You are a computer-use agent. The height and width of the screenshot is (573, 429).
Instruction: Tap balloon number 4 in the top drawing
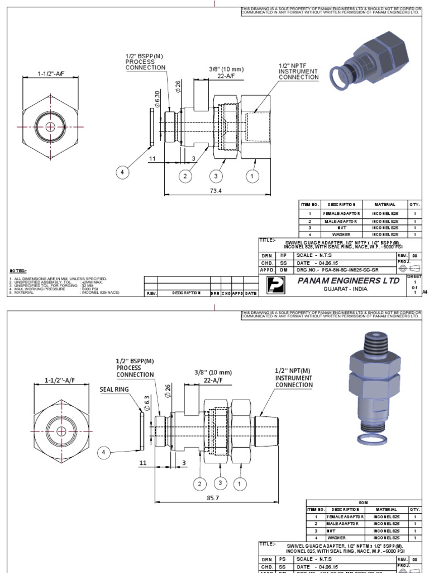pyautogui.click(x=122, y=172)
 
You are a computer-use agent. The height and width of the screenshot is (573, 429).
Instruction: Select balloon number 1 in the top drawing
pyautogui.click(x=252, y=176)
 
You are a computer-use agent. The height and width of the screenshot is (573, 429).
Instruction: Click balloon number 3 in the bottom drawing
pyautogui.click(x=221, y=482)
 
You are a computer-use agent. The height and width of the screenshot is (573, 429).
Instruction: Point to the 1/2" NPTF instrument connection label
pyautogui.click(x=298, y=72)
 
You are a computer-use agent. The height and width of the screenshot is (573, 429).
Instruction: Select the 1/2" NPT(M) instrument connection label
pyautogui.click(x=293, y=377)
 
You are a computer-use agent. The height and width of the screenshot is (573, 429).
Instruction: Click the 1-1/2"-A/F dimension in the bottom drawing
pyautogui.click(x=59, y=380)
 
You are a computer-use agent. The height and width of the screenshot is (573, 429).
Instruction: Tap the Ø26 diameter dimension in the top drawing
pyautogui.click(x=178, y=87)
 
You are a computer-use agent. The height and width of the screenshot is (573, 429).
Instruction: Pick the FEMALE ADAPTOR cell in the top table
pyautogui.click(x=342, y=213)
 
